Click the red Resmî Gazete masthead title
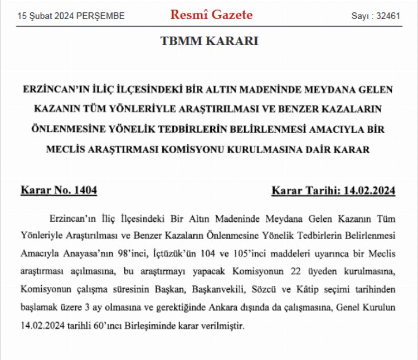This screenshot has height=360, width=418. tap(211, 15)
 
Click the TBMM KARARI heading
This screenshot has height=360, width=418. tap(209, 41)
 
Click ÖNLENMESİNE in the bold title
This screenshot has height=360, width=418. tap(55, 130)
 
